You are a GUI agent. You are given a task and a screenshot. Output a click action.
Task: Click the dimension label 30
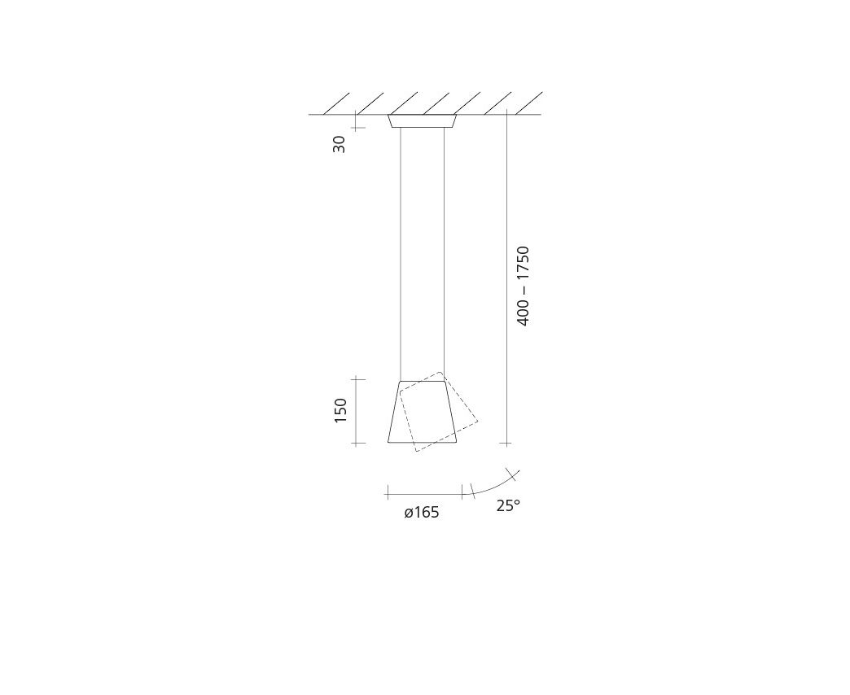(340, 144)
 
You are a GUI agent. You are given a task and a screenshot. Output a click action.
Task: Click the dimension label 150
(340, 411)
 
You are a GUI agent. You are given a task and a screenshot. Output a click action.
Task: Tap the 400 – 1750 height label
(523, 286)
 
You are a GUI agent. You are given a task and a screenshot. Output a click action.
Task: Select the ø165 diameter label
(421, 512)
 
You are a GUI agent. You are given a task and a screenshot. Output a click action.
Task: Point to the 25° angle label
(508, 505)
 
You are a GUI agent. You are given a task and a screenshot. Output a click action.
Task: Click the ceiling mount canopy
(423, 121)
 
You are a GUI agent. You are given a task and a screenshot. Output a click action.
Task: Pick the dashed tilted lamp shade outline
(439, 412)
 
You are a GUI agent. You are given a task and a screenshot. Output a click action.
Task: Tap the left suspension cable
(401, 255)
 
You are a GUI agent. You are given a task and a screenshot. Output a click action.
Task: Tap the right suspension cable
(444, 251)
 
